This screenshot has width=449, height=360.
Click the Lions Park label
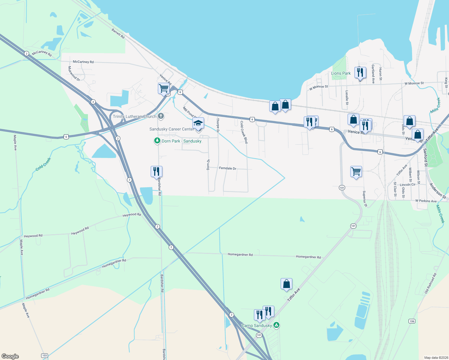(x=341, y=73)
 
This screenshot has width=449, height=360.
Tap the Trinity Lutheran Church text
(x=134, y=116)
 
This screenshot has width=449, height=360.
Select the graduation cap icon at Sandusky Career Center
(x=198, y=123)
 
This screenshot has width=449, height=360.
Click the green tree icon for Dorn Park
(x=157, y=140)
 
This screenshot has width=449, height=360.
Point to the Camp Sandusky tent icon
(x=276, y=325)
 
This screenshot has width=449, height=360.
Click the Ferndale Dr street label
(x=228, y=168)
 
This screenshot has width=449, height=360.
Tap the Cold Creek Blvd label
(x=244, y=132)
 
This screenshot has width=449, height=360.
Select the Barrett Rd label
(x=118, y=33)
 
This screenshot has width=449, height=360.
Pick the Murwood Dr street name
(x=74, y=74)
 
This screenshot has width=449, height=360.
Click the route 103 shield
(x=44, y=355)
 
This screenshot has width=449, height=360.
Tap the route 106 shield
(x=412, y=321)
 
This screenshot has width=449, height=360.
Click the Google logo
(x=10, y=356)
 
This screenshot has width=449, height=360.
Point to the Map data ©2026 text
(x=435, y=358)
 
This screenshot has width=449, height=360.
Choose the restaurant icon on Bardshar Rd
(x=156, y=172)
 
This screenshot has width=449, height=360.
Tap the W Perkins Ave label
(x=426, y=201)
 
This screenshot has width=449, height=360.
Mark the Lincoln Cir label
(x=408, y=184)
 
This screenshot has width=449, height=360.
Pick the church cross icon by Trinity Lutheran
(x=161, y=116)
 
